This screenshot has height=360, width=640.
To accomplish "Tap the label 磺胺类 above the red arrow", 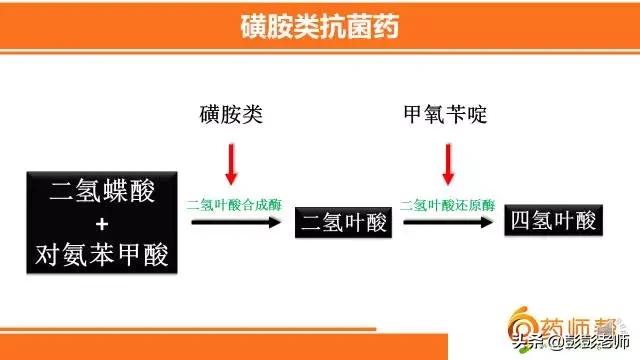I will pyautogui.click(x=231, y=116).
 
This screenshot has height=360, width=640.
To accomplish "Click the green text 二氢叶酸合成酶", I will pyautogui.click(x=234, y=204).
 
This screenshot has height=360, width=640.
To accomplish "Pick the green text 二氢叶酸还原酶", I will pyautogui.click(x=448, y=204).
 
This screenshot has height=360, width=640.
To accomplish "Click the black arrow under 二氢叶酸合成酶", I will pyautogui.click(x=234, y=222).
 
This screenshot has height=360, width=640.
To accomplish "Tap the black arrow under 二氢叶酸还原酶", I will pyautogui.click(x=448, y=222).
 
